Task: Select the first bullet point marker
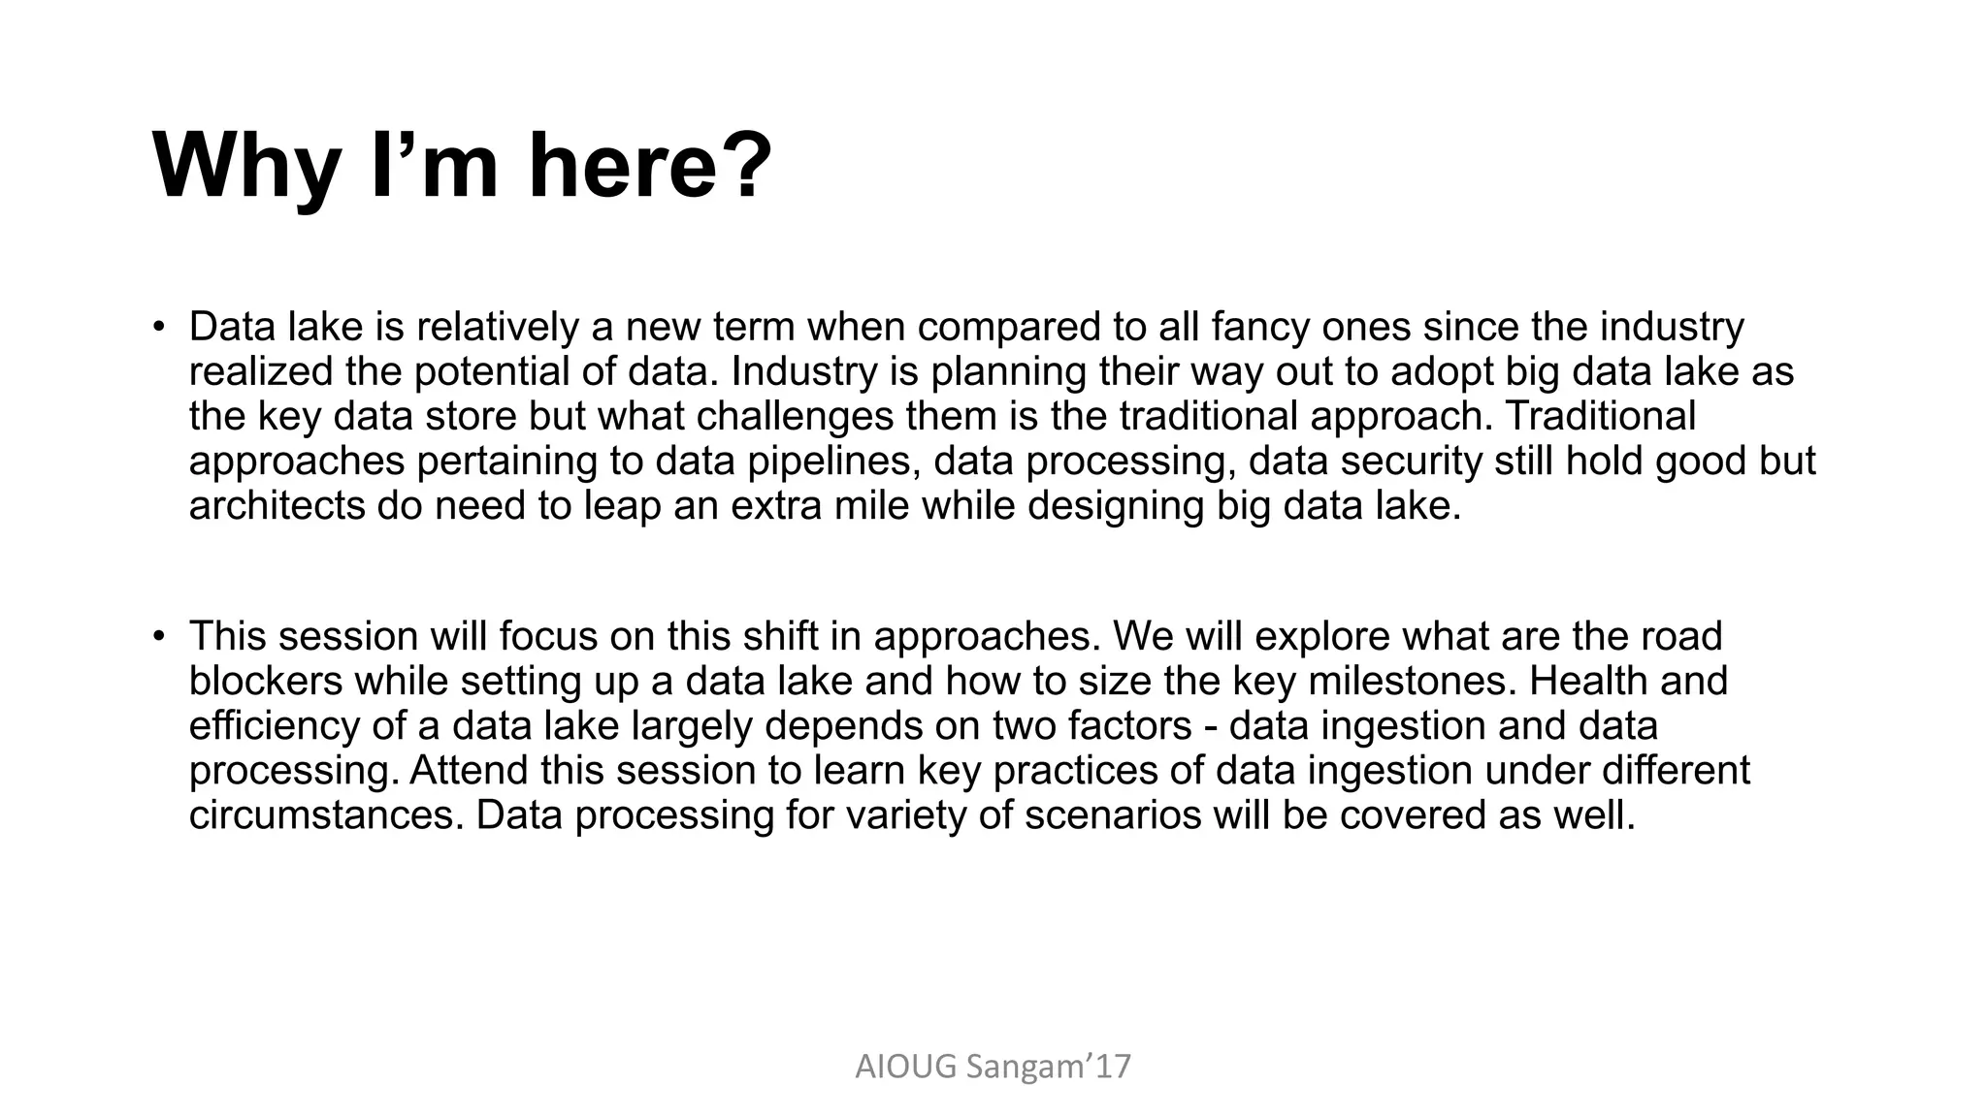[x=158, y=327]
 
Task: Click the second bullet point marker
[x=158, y=636]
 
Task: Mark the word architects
[x=277, y=505]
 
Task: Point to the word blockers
[x=266, y=681]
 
